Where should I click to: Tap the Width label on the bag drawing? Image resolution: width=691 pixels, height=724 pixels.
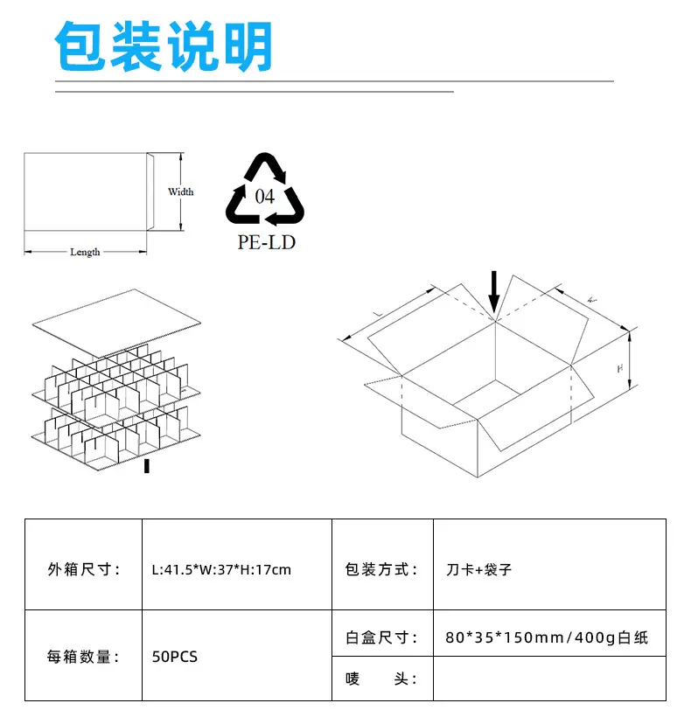click(x=180, y=191)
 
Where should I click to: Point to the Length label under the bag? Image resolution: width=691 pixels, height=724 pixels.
click(x=85, y=252)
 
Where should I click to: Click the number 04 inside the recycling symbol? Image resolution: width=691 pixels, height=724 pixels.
click(x=265, y=196)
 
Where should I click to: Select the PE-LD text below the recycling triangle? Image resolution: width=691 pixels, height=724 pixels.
click(x=266, y=242)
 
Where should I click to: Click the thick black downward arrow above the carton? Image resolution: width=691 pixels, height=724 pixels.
click(x=494, y=291)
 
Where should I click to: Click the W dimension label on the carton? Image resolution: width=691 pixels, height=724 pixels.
click(x=592, y=300)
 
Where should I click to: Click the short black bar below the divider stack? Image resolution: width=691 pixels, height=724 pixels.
click(x=146, y=466)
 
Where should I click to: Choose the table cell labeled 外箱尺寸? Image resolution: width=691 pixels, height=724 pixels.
click(x=83, y=570)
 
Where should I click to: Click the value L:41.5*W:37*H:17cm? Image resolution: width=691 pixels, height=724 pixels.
click(x=221, y=570)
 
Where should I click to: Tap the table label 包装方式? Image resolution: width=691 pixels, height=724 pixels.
click(x=381, y=570)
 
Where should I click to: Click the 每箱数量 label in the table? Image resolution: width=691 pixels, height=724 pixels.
click(x=83, y=656)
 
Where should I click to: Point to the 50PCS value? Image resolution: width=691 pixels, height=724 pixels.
click(x=175, y=656)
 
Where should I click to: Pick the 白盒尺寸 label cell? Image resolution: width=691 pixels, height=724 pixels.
click(x=381, y=637)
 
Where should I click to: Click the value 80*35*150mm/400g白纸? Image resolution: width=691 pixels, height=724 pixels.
click(x=547, y=637)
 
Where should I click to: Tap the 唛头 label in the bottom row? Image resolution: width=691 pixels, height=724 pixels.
click(x=381, y=679)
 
